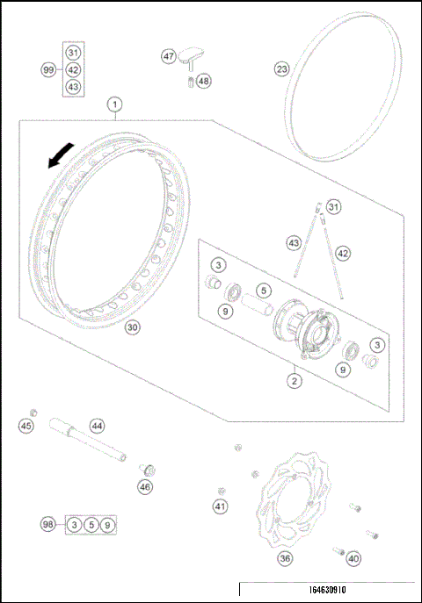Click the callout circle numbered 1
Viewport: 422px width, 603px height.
coord(114,104)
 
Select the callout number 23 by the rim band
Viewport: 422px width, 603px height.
coord(281,68)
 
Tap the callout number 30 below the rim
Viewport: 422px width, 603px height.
coord(132,327)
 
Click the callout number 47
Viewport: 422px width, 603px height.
coord(168,55)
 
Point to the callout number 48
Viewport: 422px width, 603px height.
coord(204,81)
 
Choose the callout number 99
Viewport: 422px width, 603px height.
coord(48,69)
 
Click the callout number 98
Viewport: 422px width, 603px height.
coord(48,524)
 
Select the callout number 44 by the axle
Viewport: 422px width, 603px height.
coord(97,425)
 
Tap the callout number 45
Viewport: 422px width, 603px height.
coord(25,426)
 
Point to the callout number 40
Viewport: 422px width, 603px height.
coord(353,556)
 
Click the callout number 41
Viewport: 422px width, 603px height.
coord(220,506)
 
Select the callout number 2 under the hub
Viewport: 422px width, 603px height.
coord(295,380)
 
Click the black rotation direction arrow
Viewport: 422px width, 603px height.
coord(59,158)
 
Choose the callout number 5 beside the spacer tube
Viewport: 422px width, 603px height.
coord(261,290)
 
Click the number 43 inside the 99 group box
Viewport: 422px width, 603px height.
coord(73,86)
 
